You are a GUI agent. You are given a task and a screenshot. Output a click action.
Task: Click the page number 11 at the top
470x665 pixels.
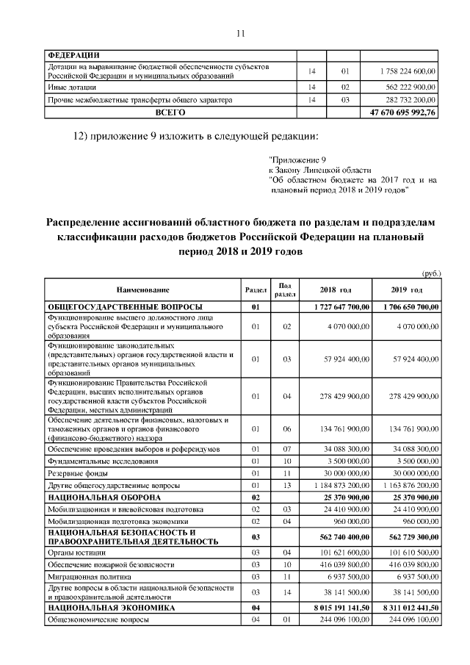(x=239, y=32)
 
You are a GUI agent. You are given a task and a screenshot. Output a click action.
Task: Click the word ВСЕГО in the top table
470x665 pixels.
(x=170, y=113)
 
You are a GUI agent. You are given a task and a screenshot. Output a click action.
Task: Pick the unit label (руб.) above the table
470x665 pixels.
(x=430, y=273)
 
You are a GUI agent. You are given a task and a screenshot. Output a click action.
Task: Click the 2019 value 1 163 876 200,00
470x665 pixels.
(x=406, y=486)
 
